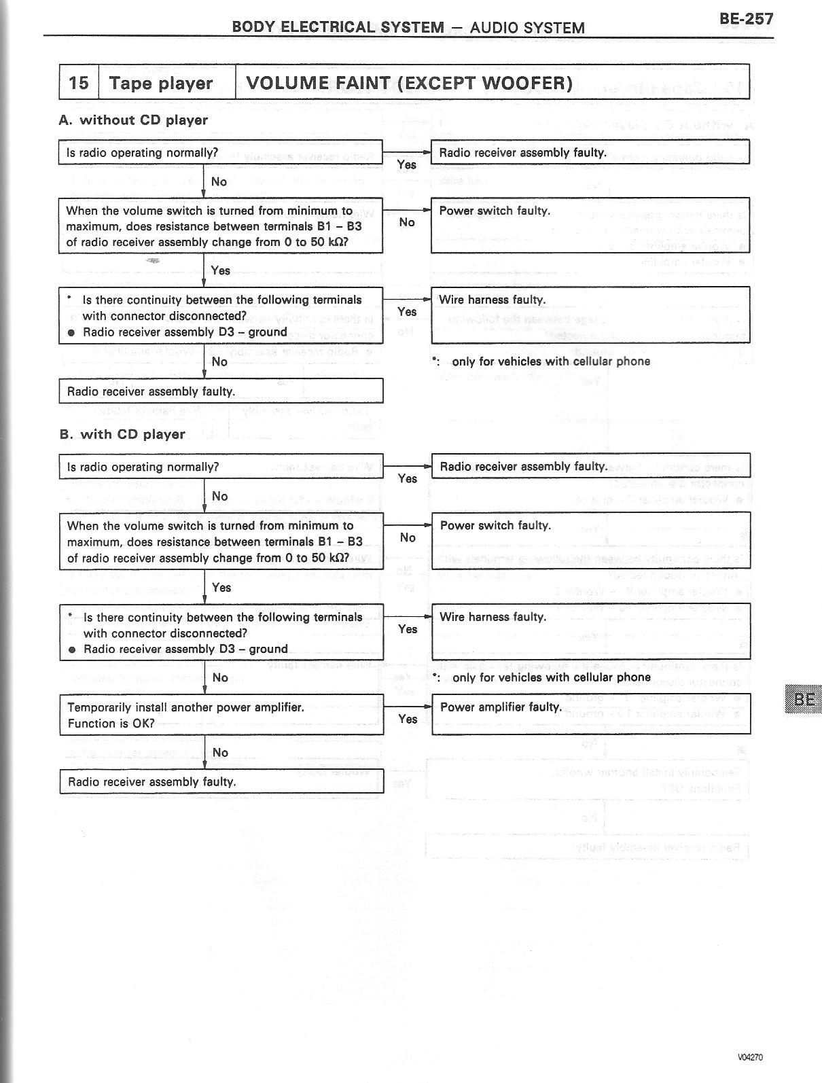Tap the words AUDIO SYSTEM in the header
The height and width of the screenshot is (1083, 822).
pos(526,28)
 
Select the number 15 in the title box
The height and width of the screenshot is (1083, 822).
pos(79,83)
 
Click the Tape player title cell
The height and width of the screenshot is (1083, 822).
pos(161,83)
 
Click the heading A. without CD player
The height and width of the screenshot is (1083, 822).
pos(133,120)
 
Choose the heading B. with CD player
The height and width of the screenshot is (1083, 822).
pos(122,434)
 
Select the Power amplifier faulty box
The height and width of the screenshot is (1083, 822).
pos(591,713)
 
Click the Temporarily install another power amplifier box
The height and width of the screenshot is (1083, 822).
pos(221,715)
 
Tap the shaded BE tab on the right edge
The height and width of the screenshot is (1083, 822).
pos(804,699)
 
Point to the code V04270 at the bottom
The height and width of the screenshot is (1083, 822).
pos(750,1057)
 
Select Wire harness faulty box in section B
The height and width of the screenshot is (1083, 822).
pos(591,631)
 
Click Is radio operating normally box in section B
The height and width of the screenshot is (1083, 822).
pos(221,467)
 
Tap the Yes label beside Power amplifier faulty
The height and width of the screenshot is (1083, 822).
pos(408,719)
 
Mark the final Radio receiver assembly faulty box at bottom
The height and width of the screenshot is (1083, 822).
pos(221,781)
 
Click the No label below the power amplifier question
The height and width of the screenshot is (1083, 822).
pos(220,752)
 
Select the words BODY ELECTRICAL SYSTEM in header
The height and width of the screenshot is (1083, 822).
pos(338,27)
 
